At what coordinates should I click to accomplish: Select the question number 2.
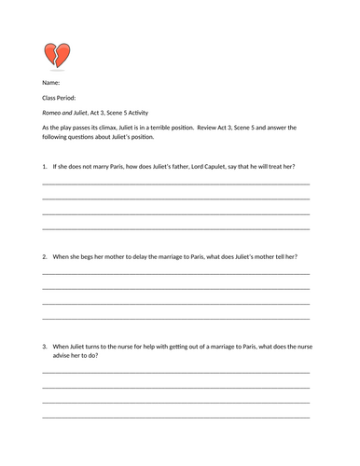(x=45, y=255)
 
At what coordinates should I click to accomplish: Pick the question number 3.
(x=45, y=346)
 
